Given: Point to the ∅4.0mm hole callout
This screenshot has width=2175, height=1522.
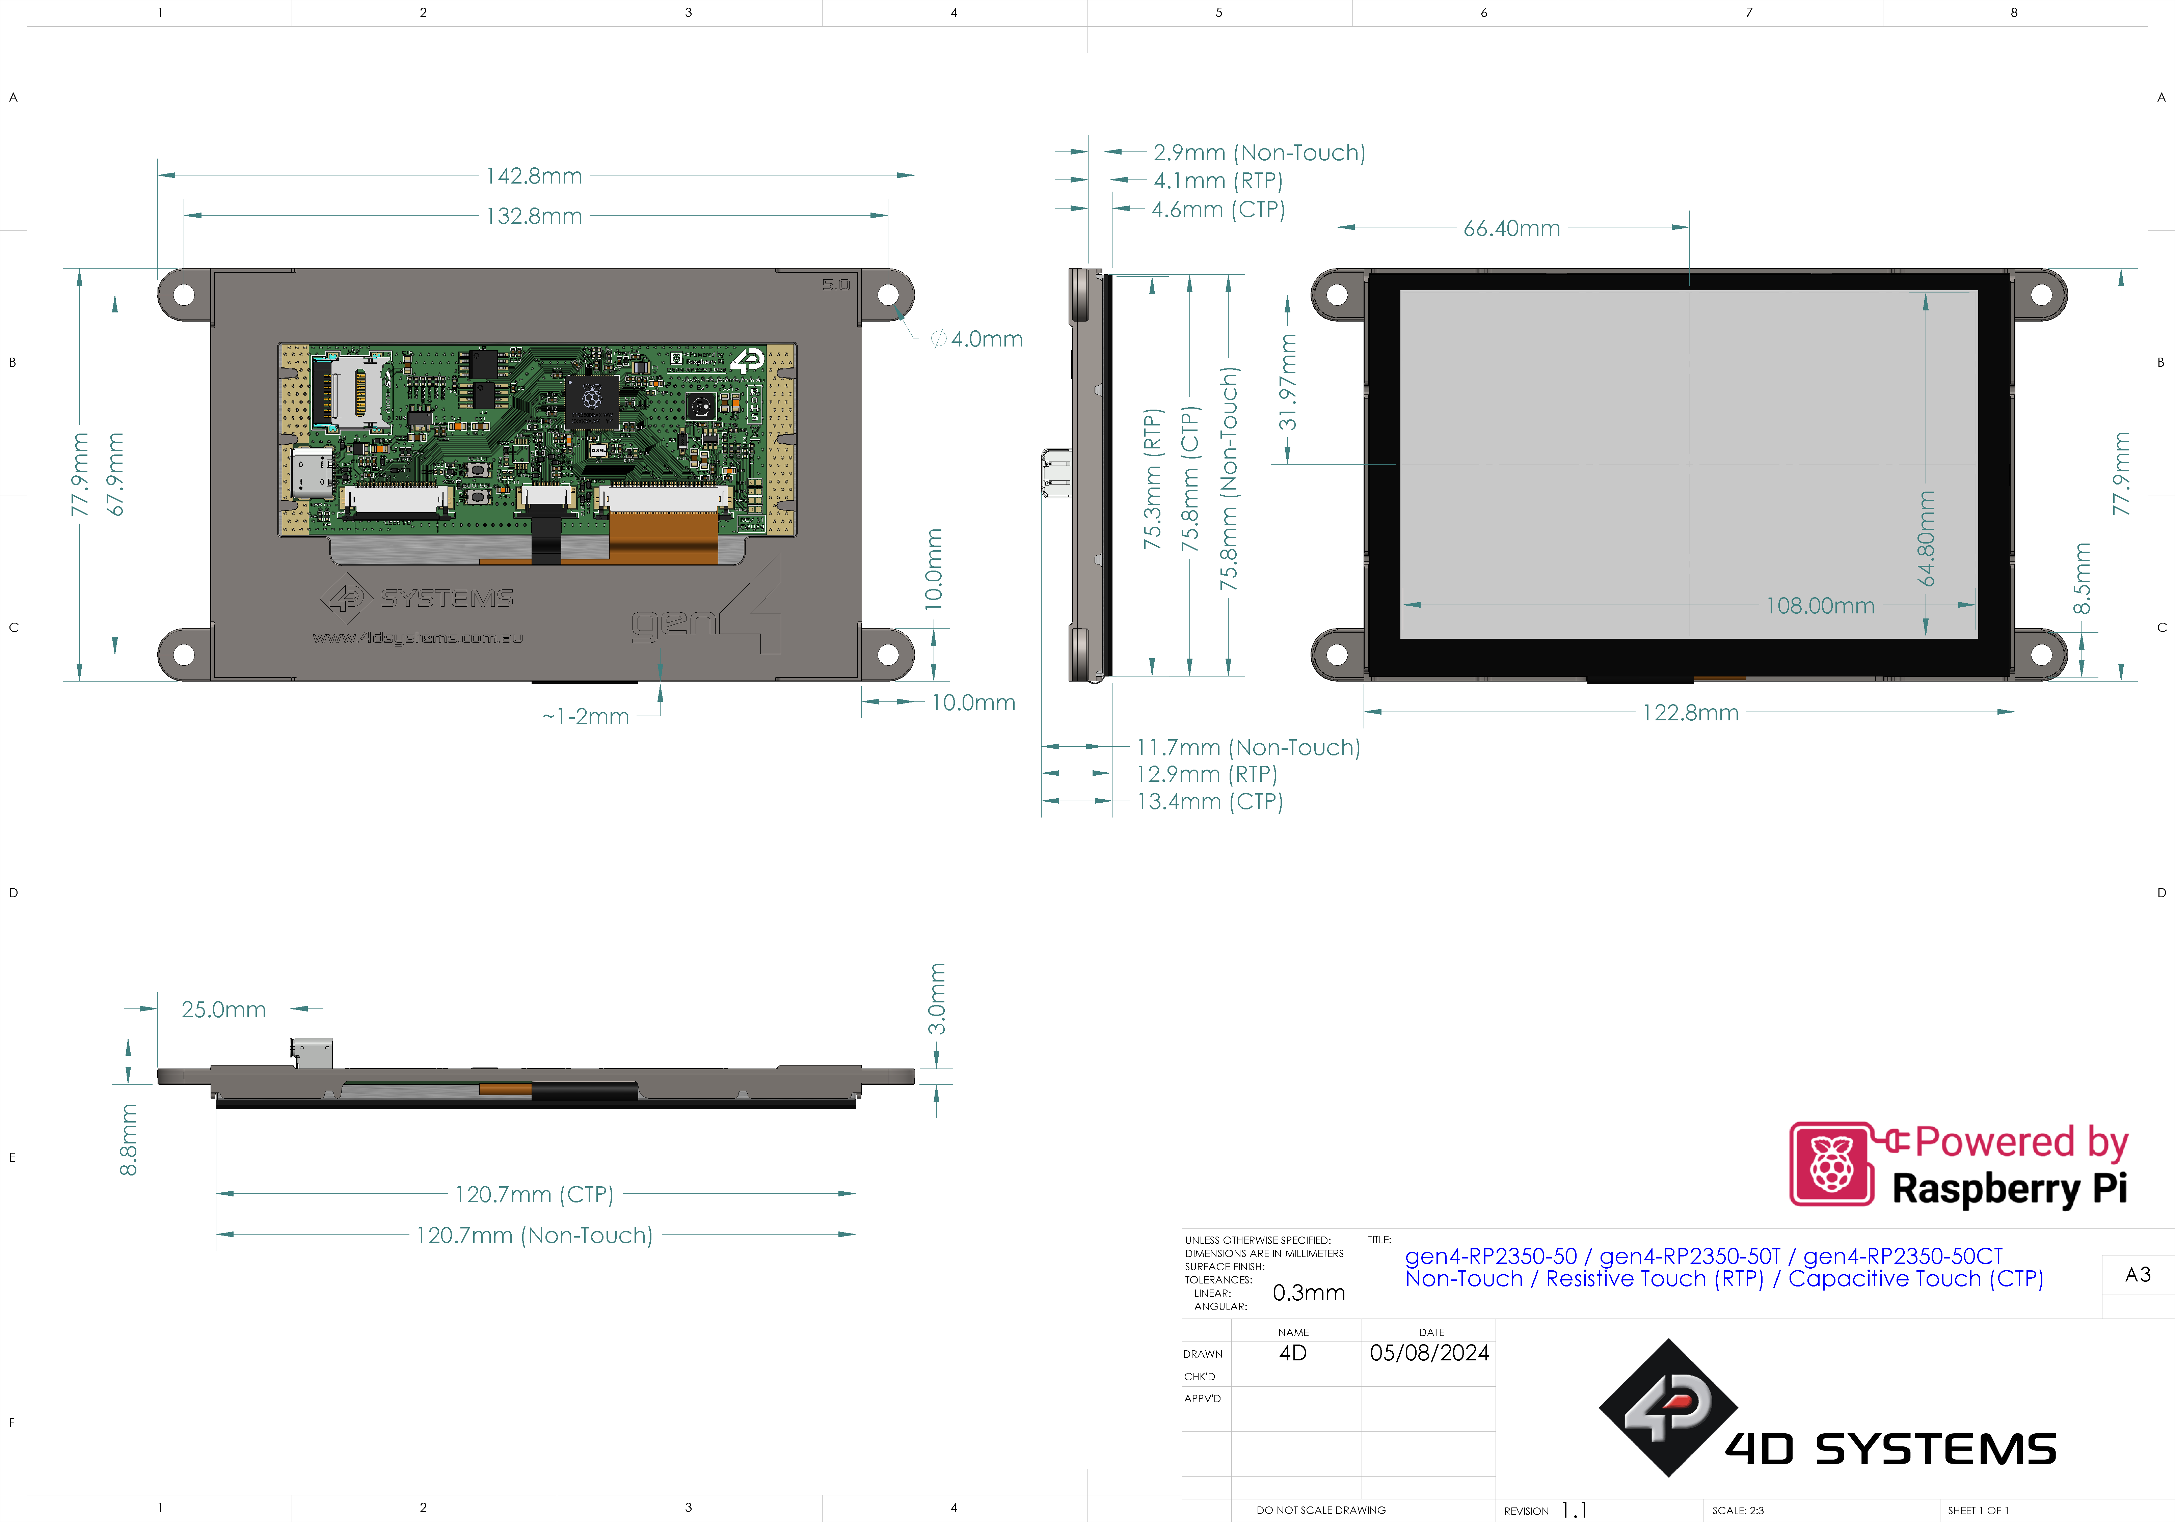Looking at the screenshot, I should click(x=977, y=339).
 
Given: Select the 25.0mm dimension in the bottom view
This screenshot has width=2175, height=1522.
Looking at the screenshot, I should click(x=223, y=1009).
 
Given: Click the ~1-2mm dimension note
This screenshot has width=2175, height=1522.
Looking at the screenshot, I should click(x=585, y=717).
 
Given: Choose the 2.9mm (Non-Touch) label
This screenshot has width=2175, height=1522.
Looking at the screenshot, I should click(x=1259, y=153).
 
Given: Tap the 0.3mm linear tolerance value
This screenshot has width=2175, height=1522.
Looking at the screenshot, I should click(x=1308, y=1293).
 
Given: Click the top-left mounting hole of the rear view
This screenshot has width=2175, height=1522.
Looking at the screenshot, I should click(x=184, y=295).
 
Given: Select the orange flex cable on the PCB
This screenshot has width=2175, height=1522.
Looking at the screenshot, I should click(x=663, y=538).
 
